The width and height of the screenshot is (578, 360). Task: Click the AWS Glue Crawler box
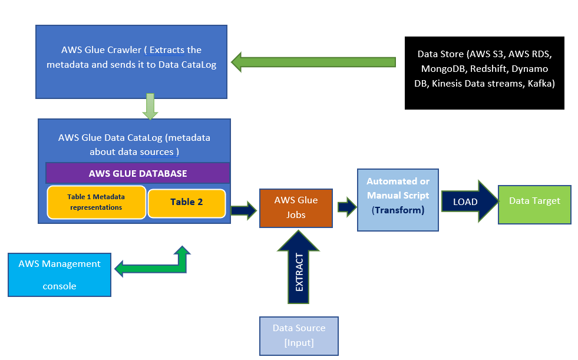point(131,61)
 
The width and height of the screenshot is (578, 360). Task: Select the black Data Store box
point(484,73)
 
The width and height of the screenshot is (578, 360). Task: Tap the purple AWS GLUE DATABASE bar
point(137,173)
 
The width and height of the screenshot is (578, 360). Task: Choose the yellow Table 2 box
point(186,202)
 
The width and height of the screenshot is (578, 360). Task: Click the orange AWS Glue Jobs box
point(296,207)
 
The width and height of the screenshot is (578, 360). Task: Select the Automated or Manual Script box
point(398,199)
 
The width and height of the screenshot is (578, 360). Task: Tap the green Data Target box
point(534,203)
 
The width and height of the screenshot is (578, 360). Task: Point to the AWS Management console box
point(60,275)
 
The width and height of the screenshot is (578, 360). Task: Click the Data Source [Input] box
point(299,336)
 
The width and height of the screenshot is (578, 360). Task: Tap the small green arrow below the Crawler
point(150,105)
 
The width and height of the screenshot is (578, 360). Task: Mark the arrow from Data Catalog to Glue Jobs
point(244,209)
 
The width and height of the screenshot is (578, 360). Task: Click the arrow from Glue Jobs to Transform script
point(347,207)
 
